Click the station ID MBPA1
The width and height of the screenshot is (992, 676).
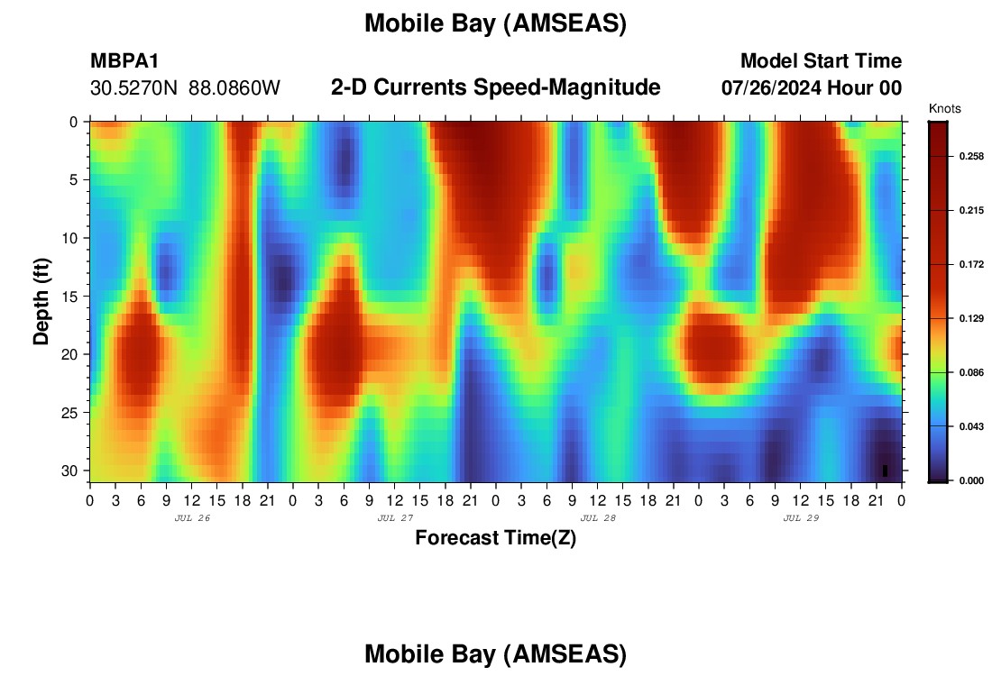coord(124,60)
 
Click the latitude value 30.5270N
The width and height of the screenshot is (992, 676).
coord(134,88)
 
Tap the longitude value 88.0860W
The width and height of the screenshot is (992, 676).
coord(234,88)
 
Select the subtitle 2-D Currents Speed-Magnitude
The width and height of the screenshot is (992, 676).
coord(495,87)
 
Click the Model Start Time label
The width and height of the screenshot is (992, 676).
coord(821,60)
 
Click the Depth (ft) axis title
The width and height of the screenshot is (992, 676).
coord(41,301)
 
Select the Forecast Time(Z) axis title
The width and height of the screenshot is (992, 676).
coord(495,538)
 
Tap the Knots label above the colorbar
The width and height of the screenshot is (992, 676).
coord(944,109)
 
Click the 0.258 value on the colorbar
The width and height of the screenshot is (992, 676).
coord(972,156)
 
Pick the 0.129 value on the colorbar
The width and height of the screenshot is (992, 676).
coord(972,318)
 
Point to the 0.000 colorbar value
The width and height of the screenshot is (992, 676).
coord(972,480)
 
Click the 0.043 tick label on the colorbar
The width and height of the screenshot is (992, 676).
coord(972,426)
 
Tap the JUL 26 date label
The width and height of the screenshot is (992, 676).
coord(192,518)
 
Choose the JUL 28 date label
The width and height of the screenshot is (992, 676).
coord(598,518)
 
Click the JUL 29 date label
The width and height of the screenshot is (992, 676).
coord(801,518)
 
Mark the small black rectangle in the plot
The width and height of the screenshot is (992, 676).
coord(885,470)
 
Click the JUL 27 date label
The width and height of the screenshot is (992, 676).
coord(395,518)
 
